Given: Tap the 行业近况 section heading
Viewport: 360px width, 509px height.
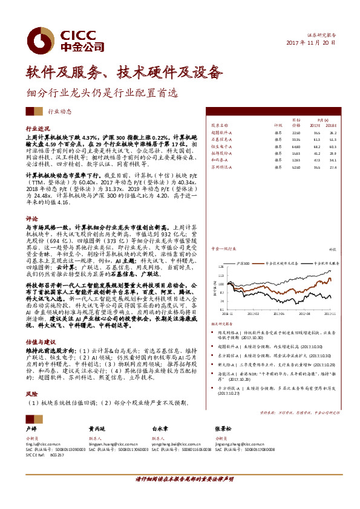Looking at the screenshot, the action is tap(36, 129).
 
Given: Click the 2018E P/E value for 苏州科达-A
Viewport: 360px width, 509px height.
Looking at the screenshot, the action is tap(333, 167).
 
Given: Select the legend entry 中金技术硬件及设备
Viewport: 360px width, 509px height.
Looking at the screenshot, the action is tap(284, 264).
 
